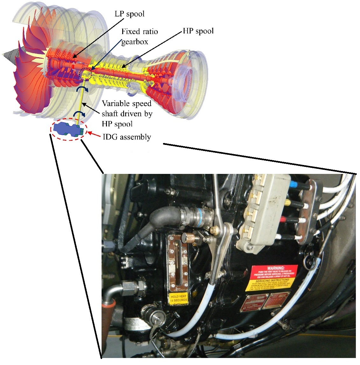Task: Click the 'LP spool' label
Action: [130, 14]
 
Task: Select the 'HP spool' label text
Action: [198, 31]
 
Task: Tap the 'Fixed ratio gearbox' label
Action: [139, 37]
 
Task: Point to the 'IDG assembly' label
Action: [127, 137]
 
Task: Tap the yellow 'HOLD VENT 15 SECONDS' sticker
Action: [179, 298]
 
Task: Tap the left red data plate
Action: [254, 302]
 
